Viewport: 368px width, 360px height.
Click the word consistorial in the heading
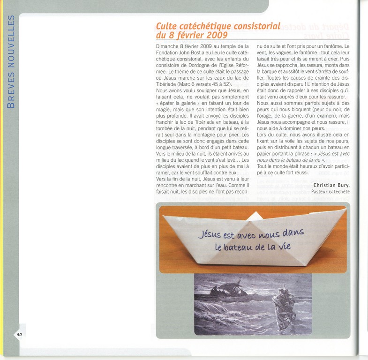pyautogui.click(x=254, y=26)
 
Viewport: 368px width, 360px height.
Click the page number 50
pyautogui.click(x=19, y=334)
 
